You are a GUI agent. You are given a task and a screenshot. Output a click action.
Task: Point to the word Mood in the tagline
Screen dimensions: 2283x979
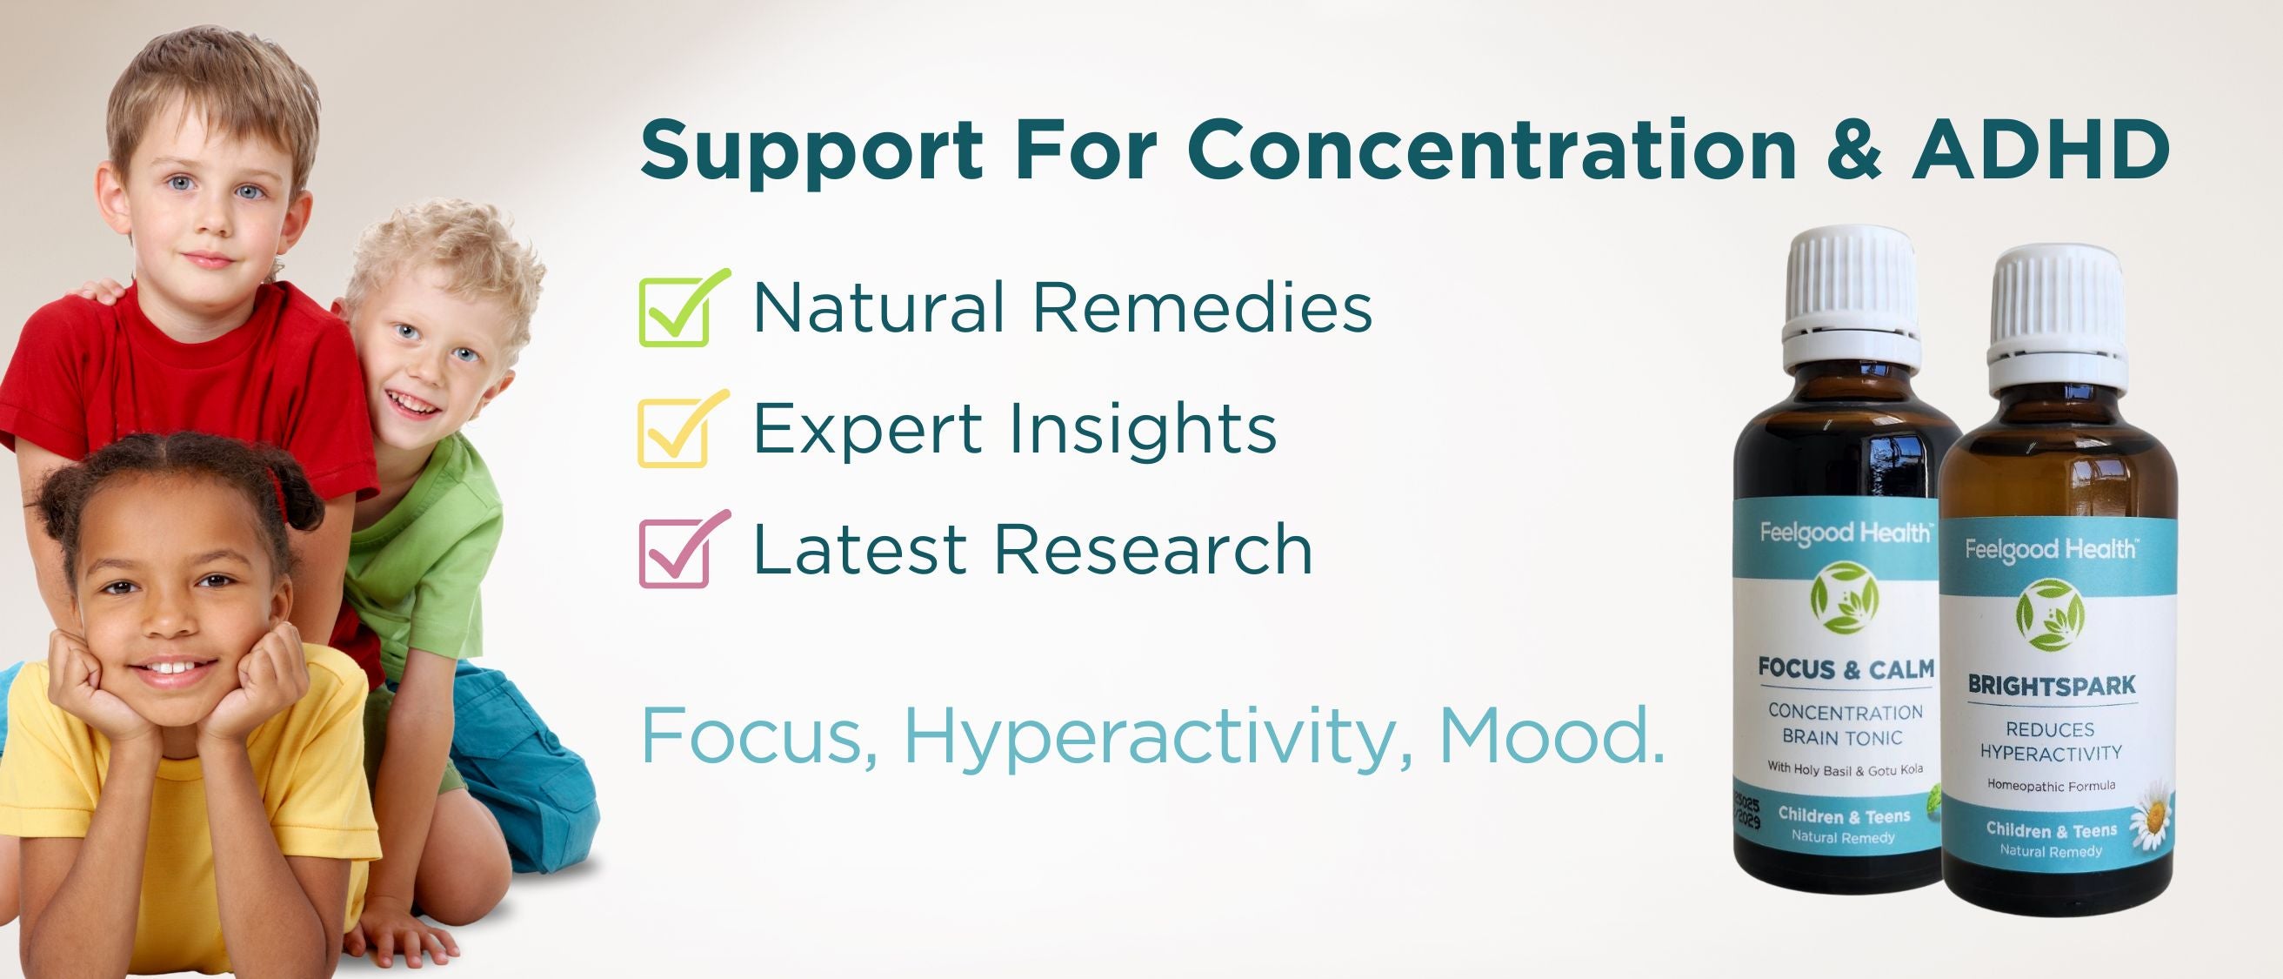[x=1552, y=735]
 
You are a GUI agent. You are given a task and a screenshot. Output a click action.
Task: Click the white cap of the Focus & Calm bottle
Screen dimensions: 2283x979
[x=1851, y=292]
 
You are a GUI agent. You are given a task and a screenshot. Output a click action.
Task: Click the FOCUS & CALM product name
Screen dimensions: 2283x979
[x=1846, y=669]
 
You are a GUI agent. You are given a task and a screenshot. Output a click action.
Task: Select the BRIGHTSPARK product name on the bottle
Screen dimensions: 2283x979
[x=2052, y=686]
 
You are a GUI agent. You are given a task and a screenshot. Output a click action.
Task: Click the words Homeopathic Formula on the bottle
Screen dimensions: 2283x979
[x=2052, y=786]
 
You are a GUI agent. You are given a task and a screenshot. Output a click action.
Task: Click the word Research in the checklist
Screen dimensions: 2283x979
[x=1153, y=549]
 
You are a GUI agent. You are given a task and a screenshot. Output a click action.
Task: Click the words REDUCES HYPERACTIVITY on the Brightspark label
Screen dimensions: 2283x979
[x=2051, y=741]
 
